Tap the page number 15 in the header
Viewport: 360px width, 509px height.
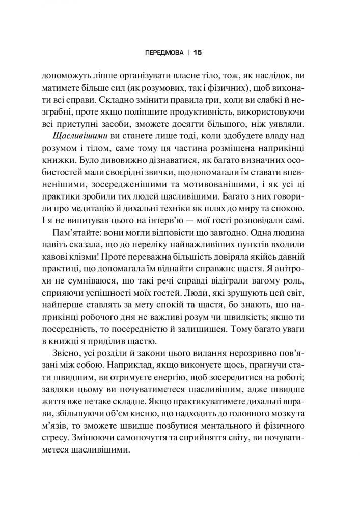198,52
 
